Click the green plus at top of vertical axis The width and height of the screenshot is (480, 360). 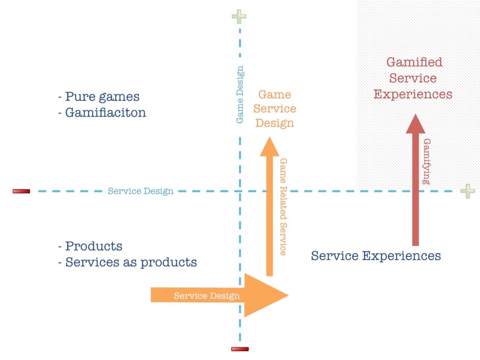pyautogui.click(x=239, y=17)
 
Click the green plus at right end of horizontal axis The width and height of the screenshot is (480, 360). pyautogui.click(x=467, y=191)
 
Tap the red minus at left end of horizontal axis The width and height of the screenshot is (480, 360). pyautogui.click(x=21, y=191)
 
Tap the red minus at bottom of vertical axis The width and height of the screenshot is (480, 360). pyautogui.click(x=240, y=349)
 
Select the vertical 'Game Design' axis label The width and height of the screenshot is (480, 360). pyautogui.click(x=240, y=95)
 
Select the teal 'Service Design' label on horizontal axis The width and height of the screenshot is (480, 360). pyautogui.click(x=141, y=191)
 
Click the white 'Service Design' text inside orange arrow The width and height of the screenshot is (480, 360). pyautogui.click(x=206, y=296)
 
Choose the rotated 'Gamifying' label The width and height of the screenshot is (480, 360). pyautogui.click(x=427, y=161)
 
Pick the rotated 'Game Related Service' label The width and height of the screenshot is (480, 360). pyautogui.click(x=283, y=206)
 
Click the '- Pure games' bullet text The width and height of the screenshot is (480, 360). pyautogui.click(x=99, y=97)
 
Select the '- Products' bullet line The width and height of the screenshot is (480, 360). pyautogui.click(x=90, y=246)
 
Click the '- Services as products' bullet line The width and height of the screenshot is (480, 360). pyautogui.click(x=127, y=262)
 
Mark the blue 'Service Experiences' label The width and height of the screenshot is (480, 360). pyautogui.click(x=376, y=256)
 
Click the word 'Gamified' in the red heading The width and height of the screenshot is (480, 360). pyautogui.click(x=414, y=62)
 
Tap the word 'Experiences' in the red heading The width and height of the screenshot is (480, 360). pyautogui.click(x=413, y=94)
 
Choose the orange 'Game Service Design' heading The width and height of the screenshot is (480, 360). pyautogui.click(x=275, y=109)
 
